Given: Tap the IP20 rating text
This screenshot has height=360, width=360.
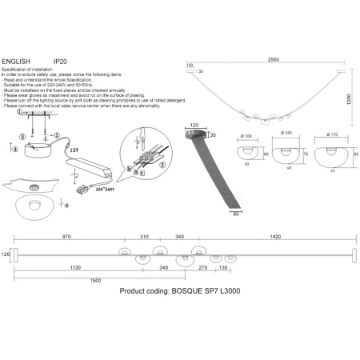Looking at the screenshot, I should (x=60, y=60).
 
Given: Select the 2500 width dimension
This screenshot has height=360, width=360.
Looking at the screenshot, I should (x=274, y=60).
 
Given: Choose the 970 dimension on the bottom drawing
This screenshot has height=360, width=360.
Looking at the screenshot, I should (x=66, y=238).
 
